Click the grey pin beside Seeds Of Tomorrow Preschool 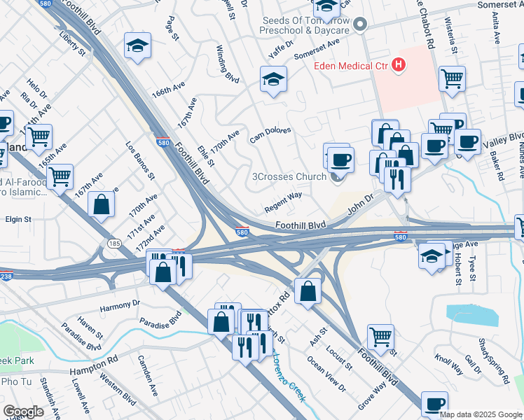360,26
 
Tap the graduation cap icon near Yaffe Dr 273,78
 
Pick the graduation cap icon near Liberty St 137,46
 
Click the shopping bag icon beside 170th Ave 102,204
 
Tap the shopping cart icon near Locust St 380,336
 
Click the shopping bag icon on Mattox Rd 308,290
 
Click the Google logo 23,412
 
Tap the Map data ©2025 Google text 481,414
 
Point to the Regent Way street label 283,202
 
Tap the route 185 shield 114,243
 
